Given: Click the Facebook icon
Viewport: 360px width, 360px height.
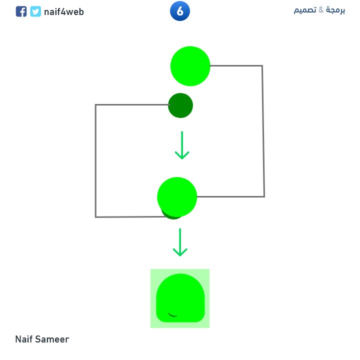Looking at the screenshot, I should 21,11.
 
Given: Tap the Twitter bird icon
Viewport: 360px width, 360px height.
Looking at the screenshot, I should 35,11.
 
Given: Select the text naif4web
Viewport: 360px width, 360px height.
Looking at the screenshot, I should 63,11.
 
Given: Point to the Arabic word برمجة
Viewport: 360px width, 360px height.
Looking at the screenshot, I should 335,10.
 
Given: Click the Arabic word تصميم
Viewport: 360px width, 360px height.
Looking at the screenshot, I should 304,10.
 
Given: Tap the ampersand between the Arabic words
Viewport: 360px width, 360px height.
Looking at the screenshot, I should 321,10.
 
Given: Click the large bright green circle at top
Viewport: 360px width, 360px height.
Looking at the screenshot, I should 190,66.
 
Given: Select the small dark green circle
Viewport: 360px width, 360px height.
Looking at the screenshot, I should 180,105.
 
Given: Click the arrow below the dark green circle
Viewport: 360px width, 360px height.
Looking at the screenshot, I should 182,145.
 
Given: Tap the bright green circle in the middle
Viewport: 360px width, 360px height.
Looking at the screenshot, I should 177,196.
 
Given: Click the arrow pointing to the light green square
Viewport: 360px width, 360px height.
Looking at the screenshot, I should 179,242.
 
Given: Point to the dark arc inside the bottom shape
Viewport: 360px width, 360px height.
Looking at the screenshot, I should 173,315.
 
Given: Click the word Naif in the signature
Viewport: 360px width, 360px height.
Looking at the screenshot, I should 24,339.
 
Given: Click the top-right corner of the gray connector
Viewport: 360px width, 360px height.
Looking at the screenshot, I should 262,65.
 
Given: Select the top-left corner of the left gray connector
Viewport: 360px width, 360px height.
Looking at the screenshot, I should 95,105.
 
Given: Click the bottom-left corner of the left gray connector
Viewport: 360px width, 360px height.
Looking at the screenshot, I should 95,217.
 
